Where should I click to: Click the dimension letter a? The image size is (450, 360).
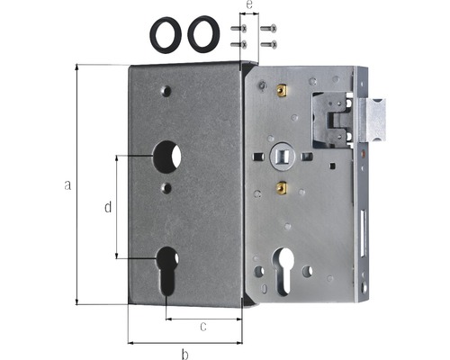(67, 185)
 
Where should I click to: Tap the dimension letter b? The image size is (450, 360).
(185, 354)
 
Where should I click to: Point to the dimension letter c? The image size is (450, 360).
(203, 327)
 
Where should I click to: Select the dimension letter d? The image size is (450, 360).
(108, 207)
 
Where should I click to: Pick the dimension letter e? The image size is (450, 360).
(249, 5)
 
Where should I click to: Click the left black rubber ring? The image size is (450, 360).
(166, 35)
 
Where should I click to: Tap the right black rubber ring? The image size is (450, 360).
(203, 34)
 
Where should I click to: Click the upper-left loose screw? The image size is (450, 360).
(238, 29)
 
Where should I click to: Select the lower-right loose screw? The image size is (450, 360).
(268, 45)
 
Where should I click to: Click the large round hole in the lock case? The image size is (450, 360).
(166, 157)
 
